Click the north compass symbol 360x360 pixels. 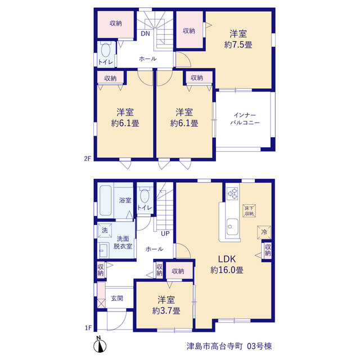pos(100,344)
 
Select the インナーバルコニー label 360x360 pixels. pos(245,119)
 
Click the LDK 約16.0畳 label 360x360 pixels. pos(227,264)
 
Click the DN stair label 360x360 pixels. pos(145,34)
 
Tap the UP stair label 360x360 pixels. pos(165,234)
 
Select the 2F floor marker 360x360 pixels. pos(88,159)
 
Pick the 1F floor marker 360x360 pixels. pos(88,328)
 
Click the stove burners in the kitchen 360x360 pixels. pos(232,193)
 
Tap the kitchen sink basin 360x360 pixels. pos(232,227)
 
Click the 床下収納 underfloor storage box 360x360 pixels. pos(249,211)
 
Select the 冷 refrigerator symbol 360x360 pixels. pos(264,232)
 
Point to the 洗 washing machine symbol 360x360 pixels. pos(105,230)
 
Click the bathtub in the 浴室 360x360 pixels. pos(106,200)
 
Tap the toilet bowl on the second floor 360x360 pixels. pos(105,49)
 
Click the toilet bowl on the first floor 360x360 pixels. pos(145,195)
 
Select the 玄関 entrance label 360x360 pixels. pos(117,298)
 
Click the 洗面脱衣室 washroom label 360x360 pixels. pos(123,242)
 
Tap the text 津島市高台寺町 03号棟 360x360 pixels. pos(229,346)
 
